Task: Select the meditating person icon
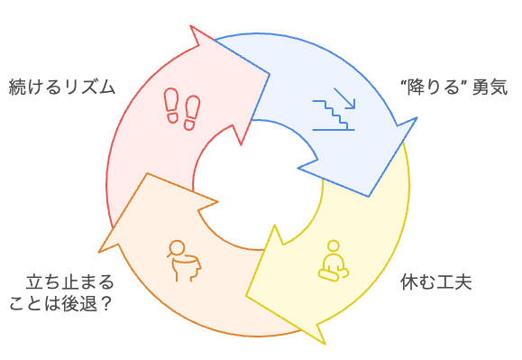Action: (334, 259)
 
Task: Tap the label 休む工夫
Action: (435, 281)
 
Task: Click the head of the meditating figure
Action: (334, 246)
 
